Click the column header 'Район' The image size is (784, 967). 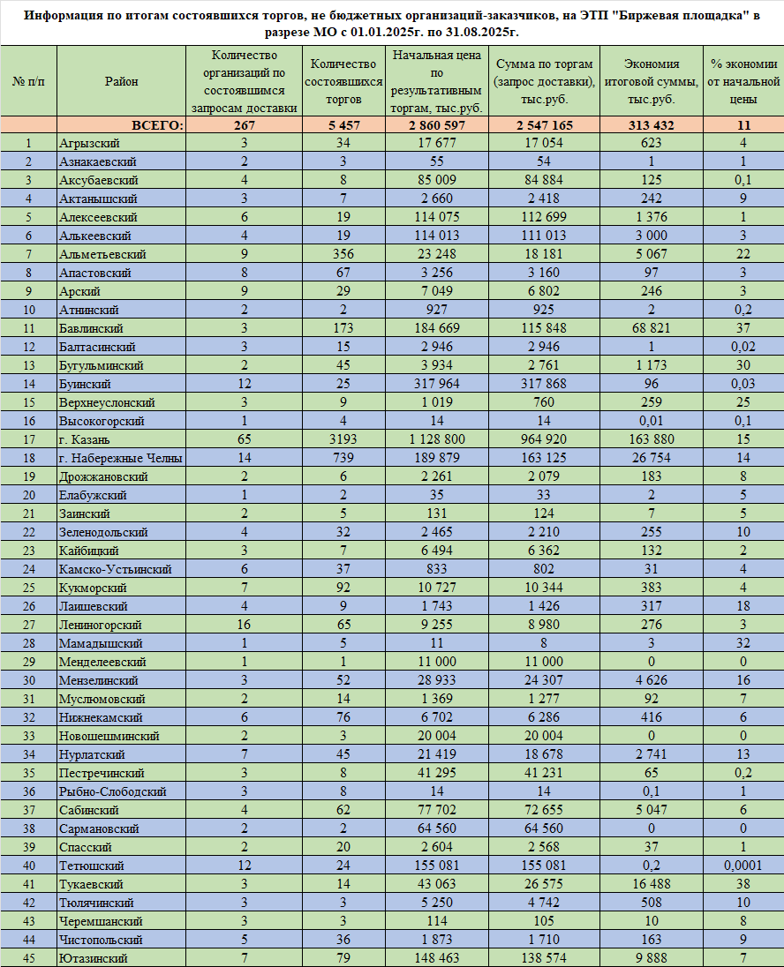(x=121, y=81)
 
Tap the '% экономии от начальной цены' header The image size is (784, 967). (x=743, y=81)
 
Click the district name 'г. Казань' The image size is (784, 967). (x=86, y=439)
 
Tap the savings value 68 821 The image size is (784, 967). (x=652, y=328)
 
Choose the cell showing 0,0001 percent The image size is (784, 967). (x=743, y=866)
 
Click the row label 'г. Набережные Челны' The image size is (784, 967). (x=120, y=458)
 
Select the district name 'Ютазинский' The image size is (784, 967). (x=93, y=958)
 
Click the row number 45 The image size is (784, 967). (x=28, y=958)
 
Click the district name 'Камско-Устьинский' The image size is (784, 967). (x=115, y=569)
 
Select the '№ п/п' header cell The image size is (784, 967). (x=28, y=81)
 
